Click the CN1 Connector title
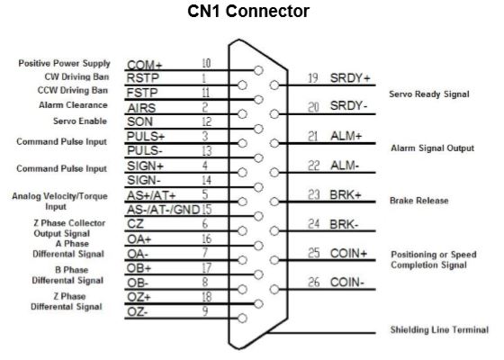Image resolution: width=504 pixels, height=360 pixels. pos(248,11)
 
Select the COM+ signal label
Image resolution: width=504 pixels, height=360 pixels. pos(144,65)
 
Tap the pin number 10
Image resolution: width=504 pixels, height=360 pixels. pos(206,63)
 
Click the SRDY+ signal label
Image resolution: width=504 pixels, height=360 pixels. pos(350,77)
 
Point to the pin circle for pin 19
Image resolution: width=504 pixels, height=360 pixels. pos(274,85)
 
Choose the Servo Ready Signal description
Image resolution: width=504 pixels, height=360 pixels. pos(429,94)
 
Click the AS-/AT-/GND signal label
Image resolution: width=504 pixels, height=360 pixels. pos(163,210)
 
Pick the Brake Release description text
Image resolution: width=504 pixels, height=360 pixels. pos(418,201)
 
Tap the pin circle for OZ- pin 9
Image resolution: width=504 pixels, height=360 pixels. pos(242,319)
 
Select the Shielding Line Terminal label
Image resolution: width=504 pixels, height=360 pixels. pos(439,329)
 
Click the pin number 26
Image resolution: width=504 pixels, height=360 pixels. pos(314,283)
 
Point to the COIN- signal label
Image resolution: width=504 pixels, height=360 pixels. pos(346,283)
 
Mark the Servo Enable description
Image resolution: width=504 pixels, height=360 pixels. pos(80,121)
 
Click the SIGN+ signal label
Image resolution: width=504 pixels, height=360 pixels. pos(145,166)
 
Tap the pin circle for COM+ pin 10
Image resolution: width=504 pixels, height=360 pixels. pos(258,70)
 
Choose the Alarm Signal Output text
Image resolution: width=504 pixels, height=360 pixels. pos(432,148)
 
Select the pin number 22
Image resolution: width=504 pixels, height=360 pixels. pos(314,166)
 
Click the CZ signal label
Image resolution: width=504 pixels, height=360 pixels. pos(135,224)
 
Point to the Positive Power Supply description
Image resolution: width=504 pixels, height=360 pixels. pos(64,63)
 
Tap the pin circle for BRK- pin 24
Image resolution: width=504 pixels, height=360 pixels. pos(274,230)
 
